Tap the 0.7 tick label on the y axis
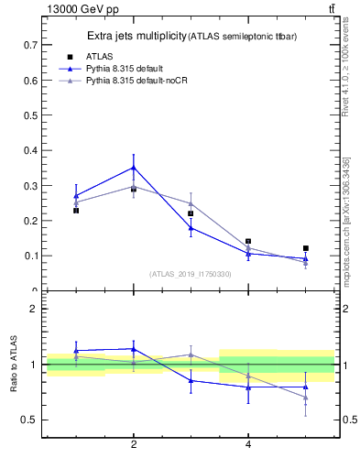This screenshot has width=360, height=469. (x=30, y=44)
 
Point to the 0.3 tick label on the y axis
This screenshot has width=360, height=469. (x=30, y=185)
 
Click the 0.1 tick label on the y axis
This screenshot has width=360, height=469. (x=30, y=256)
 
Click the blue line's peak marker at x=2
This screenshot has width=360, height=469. (x=134, y=168)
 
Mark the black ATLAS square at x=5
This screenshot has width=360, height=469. (x=306, y=248)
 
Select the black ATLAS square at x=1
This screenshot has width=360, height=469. (x=76, y=211)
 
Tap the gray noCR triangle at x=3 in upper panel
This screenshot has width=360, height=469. (x=191, y=203)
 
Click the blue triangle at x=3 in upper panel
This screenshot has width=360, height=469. (x=191, y=228)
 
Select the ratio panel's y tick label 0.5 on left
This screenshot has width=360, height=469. (x=30, y=420)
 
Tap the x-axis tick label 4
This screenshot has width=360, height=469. (x=248, y=445)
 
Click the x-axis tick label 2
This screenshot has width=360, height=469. (x=134, y=445)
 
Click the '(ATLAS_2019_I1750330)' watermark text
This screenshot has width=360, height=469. (x=191, y=273)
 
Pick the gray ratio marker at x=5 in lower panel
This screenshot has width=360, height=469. (x=306, y=398)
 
